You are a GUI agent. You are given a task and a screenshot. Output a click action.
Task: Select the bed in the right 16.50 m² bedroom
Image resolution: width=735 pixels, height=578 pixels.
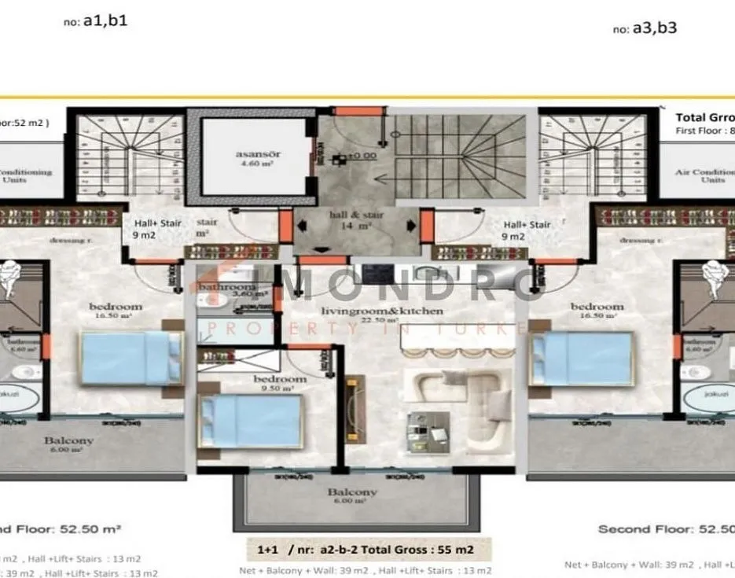pos(582,359)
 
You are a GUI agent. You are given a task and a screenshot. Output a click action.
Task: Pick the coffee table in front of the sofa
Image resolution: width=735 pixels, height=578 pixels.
pos(428,433)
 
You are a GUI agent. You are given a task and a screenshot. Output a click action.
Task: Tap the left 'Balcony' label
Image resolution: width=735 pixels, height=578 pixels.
pos(68,445)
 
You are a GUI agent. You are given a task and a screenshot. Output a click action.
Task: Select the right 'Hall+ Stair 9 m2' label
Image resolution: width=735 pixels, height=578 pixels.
pos(526,230)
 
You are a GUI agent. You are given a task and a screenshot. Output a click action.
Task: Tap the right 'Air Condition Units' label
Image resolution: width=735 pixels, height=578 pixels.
pos(704,176)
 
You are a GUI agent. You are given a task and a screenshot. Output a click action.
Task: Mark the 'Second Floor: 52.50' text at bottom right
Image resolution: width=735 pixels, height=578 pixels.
pos(665,529)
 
